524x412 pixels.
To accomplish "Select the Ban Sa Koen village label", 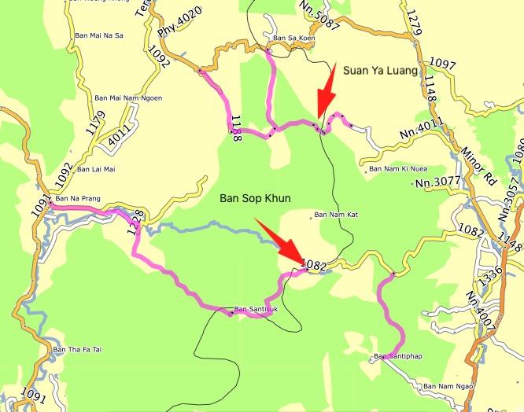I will pyautogui.click(x=293, y=37).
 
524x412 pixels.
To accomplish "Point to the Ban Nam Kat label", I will pyautogui.click(x=336, y=215).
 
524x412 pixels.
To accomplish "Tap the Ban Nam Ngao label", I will pyautogui.click(x=449, y=386).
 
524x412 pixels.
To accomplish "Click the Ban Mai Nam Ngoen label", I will pyautogui.click(x=128, y=97).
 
